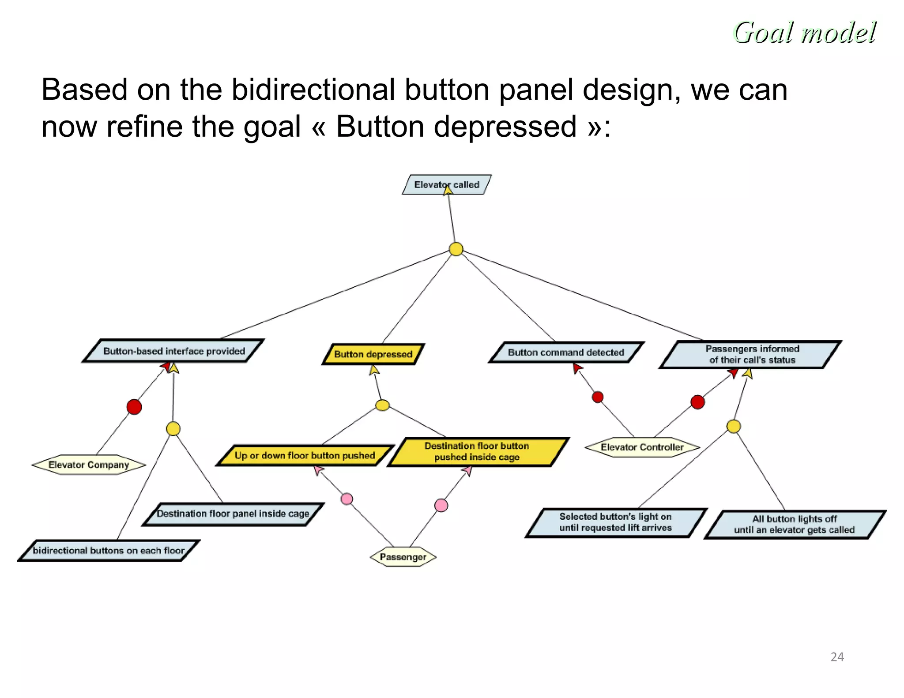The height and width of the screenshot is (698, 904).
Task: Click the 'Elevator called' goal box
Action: click(x=447, y=184)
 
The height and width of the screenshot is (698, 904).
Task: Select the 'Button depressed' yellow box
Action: click(x=373, y=354)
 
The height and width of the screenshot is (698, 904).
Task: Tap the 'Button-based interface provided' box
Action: click(x=174, y=351)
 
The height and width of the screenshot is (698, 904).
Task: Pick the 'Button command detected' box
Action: click(x=566, y=352)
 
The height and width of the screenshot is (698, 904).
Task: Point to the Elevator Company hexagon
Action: click(x=89, y=465)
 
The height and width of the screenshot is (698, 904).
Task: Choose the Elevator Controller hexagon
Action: click(x=642, y=447)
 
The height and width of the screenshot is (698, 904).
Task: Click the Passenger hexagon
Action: click(x=403, y=557)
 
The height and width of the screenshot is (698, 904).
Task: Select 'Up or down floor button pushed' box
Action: click(x=305, y=455)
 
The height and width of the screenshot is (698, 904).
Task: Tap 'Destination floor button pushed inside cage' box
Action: click(x=477, y=451)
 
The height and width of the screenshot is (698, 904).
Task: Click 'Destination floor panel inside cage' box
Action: click(x=233, y=514)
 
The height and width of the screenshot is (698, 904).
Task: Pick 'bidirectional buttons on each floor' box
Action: click(x=109, y=551)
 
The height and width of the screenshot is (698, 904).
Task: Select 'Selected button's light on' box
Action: click(x=615, y=522)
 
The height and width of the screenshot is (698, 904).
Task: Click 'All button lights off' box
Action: click(x=794, y=524)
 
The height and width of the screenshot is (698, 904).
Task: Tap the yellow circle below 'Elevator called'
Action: click(x=456, y=249)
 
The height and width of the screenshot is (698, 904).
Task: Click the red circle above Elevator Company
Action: click(x=134, y=406)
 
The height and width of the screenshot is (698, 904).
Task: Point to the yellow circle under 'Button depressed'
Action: click(x=382, y=405)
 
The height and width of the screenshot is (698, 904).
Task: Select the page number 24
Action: click(x=837, y=657)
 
